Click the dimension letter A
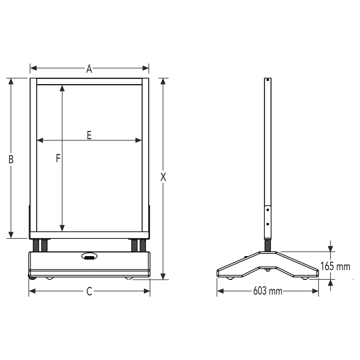pos(89,69)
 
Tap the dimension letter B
pos(11,159)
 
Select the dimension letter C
pos(89,291)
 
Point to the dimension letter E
pos(89,135)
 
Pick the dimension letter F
pos(58,158)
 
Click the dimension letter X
pos(163,177)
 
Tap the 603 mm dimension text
pos(268,291)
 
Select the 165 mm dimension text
pos(335,266)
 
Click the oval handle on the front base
pos(89,256)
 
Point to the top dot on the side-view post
pos(268,80)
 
